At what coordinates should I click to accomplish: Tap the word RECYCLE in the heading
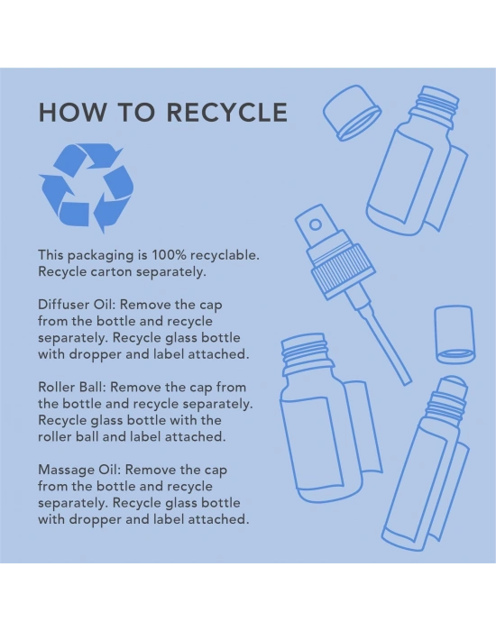(227, 112)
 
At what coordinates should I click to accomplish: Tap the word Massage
(67, 470)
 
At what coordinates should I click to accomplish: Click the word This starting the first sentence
(51, 255)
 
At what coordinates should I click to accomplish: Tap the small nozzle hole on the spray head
(316, 224)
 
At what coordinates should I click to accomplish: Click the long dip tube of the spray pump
(382, 343)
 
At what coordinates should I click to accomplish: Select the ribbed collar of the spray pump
(344, 273)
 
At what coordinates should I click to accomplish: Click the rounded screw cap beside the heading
(352, 113)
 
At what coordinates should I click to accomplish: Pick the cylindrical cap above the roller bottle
(455, 334)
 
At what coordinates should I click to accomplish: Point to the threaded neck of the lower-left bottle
(307, 353)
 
